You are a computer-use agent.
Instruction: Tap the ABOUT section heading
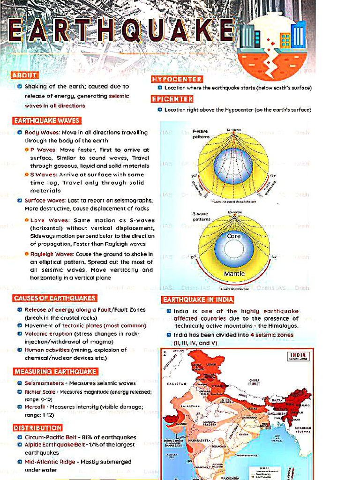coord(24,75)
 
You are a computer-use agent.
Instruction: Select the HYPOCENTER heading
coord(177,79)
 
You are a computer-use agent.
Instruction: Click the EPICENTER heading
coord(172,99)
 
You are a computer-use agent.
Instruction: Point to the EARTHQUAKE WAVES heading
coord(46,120)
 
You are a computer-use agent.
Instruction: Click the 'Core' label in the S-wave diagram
coord(233,236)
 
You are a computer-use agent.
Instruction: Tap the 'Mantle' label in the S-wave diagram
coord(234,273)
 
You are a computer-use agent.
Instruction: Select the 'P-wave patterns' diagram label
coord(200,134)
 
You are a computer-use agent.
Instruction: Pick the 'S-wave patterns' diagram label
coord(201,217)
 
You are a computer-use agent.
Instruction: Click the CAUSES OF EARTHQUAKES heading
coord(54,298)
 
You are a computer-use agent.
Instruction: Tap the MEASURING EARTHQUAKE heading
coord(55,372)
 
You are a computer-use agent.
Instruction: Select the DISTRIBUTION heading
coord(37,428)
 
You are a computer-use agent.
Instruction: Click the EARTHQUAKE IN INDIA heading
coord(198,300)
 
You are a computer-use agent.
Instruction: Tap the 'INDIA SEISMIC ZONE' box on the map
coord(298,357)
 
